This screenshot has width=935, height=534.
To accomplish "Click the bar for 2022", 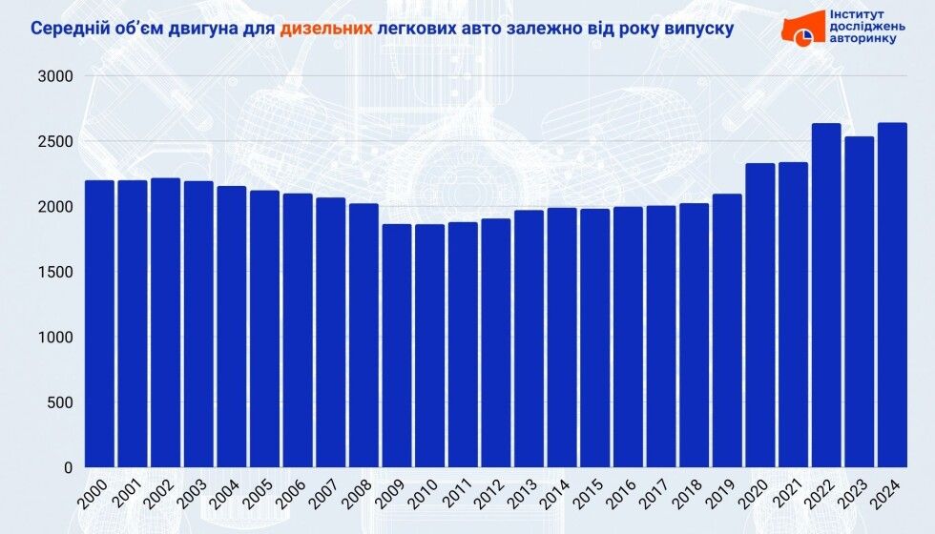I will [x=826, y=296].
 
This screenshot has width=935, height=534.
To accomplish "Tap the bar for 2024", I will [x=892, y=296].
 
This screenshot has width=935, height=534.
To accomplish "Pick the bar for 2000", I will [x=99, y=324].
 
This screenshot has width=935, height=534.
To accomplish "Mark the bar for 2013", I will [x=529, y=339].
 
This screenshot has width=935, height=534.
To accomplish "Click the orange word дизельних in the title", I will [x=325, y=29].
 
